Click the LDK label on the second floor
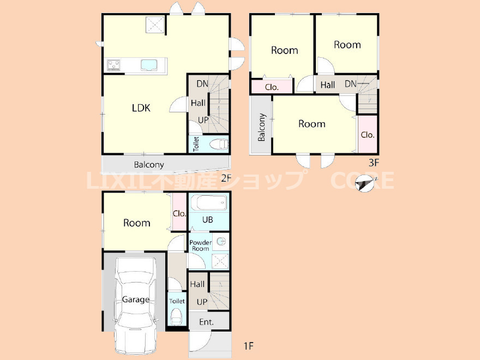pos(141,108)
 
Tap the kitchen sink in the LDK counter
pos(149,65)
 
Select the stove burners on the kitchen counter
pos(113,65)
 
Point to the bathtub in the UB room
pos(209,202)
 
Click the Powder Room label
pos(201,245)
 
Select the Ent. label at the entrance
pos(206,322)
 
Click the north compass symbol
pos(365,183)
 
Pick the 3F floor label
pos(374,163)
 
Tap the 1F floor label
pos(249,346)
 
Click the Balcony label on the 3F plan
pos(261,127)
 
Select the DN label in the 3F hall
pos(351,83)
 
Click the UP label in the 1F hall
pos(202,302)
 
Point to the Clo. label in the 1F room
pos(179,213)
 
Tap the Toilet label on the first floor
pos(177,301)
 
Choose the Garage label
pos(136,299)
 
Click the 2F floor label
pos(226,178)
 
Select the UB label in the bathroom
pos(208,219)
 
